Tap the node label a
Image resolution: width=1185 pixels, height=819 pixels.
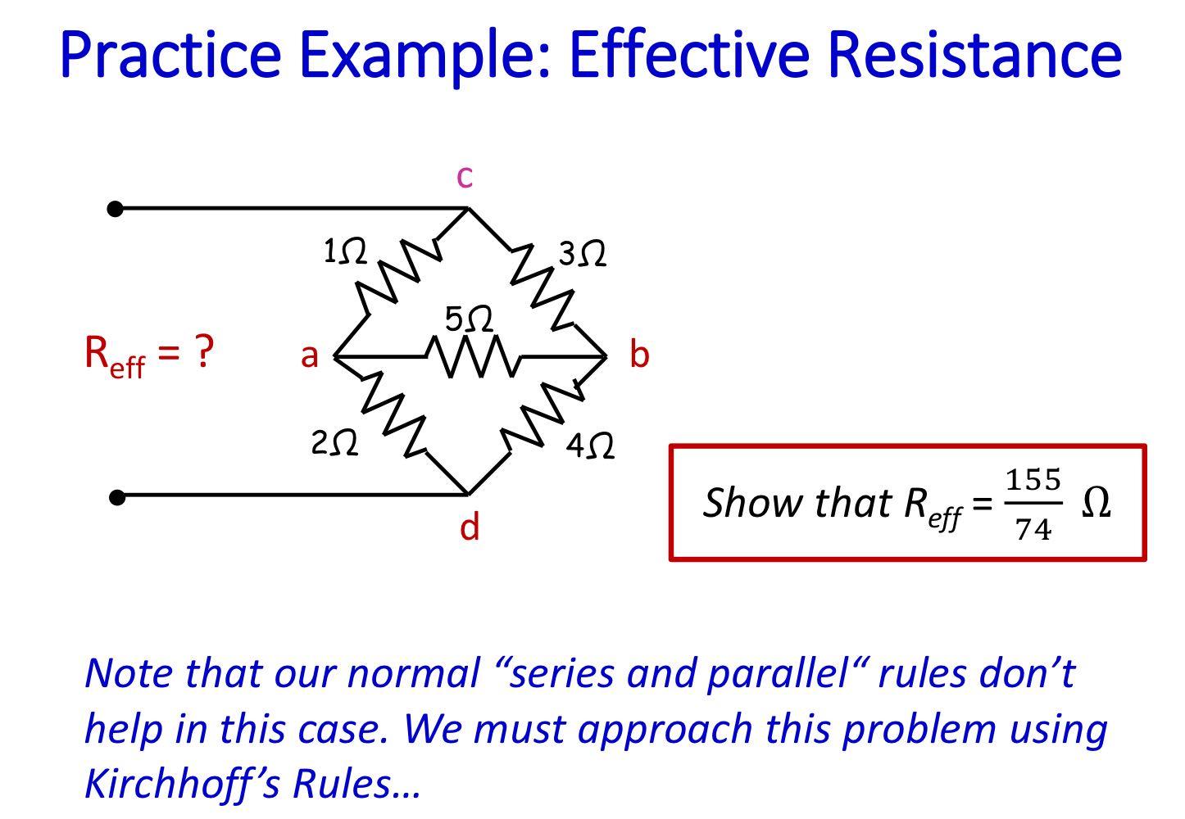(x=309, y=356)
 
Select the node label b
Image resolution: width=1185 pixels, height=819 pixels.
(x=639, y=355)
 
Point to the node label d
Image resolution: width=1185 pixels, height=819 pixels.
(x=469, y=527)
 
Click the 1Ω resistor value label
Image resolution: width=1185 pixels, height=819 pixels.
(x=344, y=251)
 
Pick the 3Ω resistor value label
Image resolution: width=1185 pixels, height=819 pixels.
(x=583, y=255)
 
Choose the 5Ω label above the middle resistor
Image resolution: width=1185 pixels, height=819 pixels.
(x=470, y=319)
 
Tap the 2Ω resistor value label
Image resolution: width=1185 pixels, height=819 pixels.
(x=334, y=444)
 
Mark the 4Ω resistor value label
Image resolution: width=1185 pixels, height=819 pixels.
(x=590, y=446)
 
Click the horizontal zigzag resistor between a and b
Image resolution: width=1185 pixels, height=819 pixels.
(x=471, y=358)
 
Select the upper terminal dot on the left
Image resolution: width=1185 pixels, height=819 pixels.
(x=116, y=209)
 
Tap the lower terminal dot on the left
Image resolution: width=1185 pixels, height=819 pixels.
(x=117, y=496)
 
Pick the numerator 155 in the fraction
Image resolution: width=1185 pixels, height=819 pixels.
(x=1033, y=479)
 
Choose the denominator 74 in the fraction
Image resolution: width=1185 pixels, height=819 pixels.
(x=1033, y=531)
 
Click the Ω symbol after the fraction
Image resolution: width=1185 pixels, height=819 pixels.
(x=1096, y=502)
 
